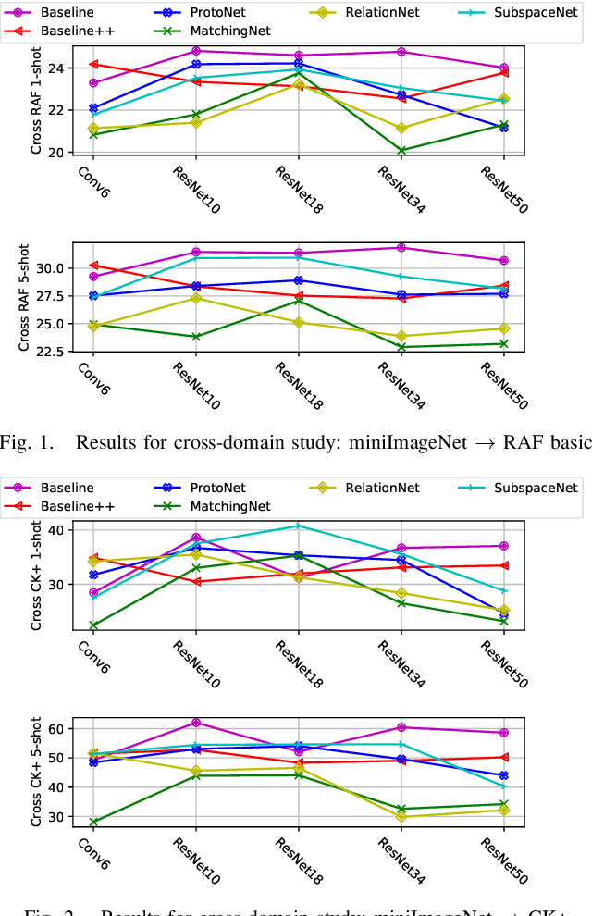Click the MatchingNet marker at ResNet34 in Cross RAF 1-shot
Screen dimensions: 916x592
pyautogui.click(x=401, y=150)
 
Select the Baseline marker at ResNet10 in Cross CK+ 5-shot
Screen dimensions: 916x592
pyautogui.click(x=196, y=723)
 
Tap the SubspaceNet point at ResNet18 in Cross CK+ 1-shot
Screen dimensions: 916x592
pyautogui.click(x=298, y=526)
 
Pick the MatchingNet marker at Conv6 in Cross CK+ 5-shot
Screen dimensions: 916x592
pyautogui.click(x=93, y=822)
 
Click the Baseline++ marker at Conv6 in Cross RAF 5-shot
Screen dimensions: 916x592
pyautogui.click(x=93, y=266)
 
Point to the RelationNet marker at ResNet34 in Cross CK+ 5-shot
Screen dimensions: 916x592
pyautogui.click(x=401, y=816)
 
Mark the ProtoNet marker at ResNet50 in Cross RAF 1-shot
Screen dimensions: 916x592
pyautogui.click(x=503, y=128)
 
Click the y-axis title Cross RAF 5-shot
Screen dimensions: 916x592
pyautogui.click(x=24, y=298)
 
